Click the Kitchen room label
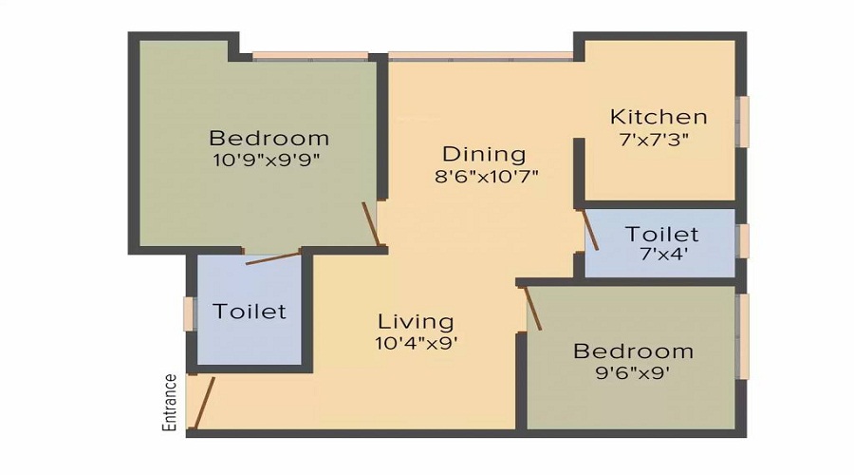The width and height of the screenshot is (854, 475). click(658, 118)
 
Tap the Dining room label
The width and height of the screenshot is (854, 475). click(484, 154)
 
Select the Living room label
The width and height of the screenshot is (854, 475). click(416, 321)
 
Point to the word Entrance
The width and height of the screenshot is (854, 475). click(171, 403)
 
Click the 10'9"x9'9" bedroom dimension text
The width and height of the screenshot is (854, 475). click(269, 161)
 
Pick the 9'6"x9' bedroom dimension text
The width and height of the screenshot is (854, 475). click(633, 373)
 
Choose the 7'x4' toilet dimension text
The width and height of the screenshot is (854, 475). click(661, 256)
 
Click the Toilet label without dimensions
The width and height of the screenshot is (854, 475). click(250, 312)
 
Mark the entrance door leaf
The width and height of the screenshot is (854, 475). click(203, 403)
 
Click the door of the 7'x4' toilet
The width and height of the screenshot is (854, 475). click(589, 230)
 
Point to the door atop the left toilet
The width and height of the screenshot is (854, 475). click(272, 256)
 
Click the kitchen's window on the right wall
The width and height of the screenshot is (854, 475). click(744, 121)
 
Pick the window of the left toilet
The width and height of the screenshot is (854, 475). click(189, 313)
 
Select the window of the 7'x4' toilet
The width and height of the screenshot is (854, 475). click(744, 241)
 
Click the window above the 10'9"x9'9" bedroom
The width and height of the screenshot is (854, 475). click(310, 55)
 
